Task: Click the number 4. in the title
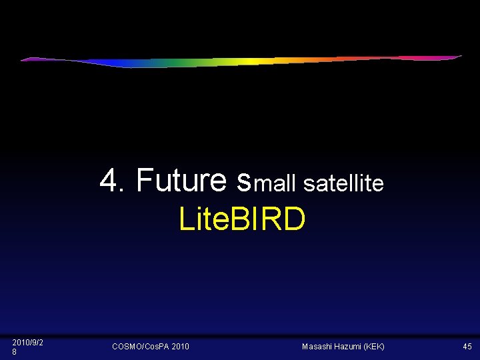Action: point(113,180)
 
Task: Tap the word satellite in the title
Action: point(343,183)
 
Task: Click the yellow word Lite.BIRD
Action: point(242,219)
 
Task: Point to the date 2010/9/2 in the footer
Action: point(28,342)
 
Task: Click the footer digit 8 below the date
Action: point(15,351)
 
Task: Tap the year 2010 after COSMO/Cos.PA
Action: point(180,347)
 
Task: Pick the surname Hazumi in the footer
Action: point(349,347)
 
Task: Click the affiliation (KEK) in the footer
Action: point(374,347)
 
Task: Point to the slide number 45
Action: point(467,347)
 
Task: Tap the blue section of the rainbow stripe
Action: point(120,64)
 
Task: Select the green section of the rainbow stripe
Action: point(193,64)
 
